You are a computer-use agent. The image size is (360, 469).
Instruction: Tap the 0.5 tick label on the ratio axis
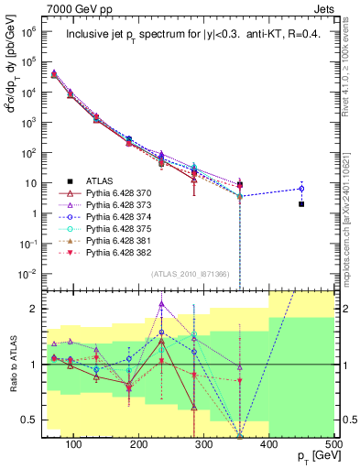[x=32, y=420]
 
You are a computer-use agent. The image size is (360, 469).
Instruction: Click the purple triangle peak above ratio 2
[x=161, y=304]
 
